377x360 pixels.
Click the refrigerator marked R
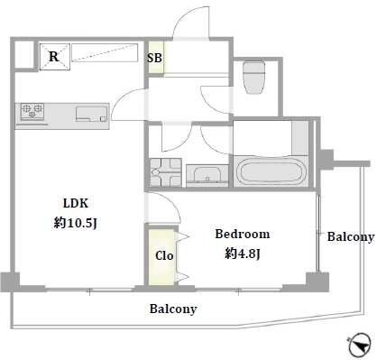coord(55,57)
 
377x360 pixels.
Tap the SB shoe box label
coord(154,58)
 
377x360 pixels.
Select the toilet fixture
coord(254,78)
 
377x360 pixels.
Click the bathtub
coord(271,171)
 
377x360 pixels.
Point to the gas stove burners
coord(32,111)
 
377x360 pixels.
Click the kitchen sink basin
coord(91,114)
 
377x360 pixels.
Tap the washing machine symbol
coord(166,172)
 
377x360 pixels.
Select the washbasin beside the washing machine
coord(207,174)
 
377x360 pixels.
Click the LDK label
coord(76,203)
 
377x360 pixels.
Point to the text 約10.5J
coord(76,223)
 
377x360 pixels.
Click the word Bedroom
coord(243,234)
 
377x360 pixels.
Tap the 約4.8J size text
coord(243,254)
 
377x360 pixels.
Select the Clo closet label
coord(164,255)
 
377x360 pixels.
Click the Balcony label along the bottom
coord(173,309)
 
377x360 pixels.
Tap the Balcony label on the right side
coord(351,236)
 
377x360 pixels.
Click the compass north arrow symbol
coord(360,345)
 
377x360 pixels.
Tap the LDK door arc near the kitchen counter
coord(122,98)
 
